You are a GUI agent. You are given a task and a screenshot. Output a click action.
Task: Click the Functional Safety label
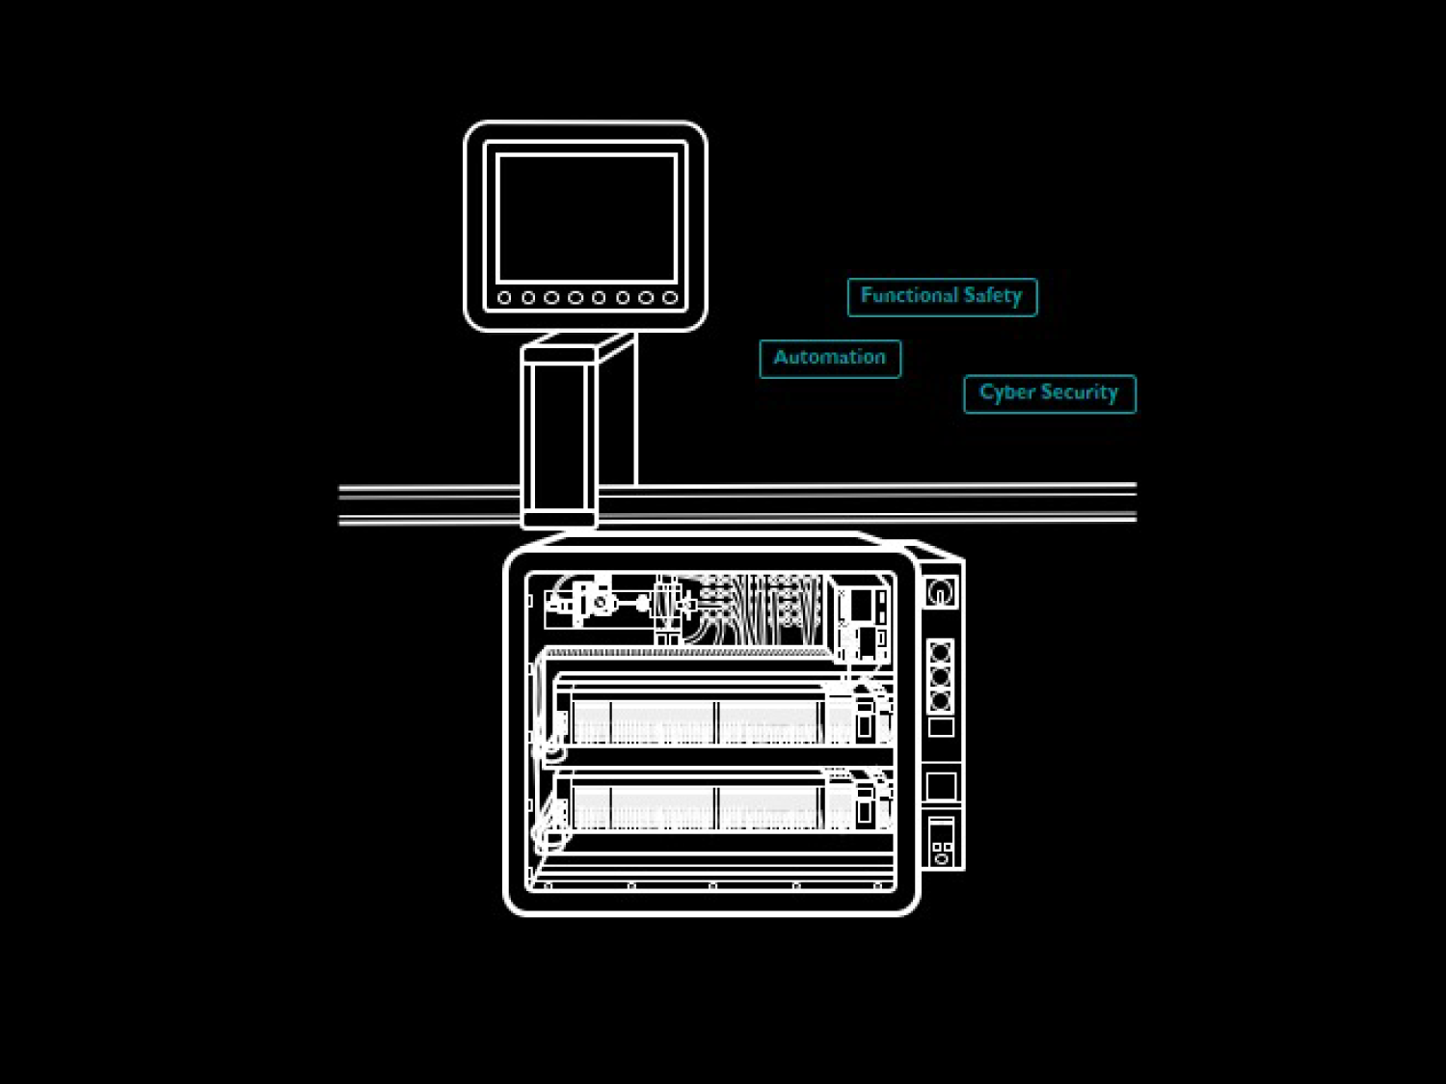click(x=942, y=296)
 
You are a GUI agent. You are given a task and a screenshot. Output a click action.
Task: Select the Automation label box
click(x=830, y=358)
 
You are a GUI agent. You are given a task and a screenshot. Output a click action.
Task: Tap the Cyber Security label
click(x=1049, y=393)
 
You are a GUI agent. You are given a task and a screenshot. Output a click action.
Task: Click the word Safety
click(x=992, y=296)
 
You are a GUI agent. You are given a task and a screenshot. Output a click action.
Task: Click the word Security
click(x=1079, y=393)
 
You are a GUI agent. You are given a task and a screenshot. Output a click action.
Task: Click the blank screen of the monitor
click(x=586, y=217)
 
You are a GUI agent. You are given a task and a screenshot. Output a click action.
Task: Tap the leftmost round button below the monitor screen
click(x=504, y=298)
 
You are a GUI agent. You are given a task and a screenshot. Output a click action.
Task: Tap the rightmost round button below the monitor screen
click(x=670, y=298)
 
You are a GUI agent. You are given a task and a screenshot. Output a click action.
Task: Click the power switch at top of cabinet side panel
click(x=941, y=591)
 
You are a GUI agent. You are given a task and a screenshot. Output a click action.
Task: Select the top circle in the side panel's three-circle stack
click(x=941, y=653)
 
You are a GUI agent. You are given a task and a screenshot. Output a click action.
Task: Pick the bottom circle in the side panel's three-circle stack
click(x=941, y=700)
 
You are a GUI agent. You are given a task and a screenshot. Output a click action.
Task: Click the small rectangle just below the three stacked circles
click(x=941, y=727)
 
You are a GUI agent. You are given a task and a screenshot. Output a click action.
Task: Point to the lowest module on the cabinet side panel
click(x=942, y=840)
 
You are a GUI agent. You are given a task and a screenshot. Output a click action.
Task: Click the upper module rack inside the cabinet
click(x=718, y=719)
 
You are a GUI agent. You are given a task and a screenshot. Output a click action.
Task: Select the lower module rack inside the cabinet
click(x=718, y=803)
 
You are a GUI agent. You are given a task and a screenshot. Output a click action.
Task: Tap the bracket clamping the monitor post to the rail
click(x=558, y=505)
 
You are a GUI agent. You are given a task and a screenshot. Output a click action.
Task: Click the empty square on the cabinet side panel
click(x=941, y=786)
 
